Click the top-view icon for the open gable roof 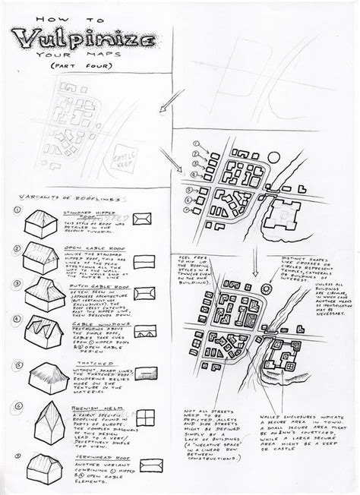pyautogui.click(x=142, y=262)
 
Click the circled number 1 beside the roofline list pyautogui.click(x=17, y=210)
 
